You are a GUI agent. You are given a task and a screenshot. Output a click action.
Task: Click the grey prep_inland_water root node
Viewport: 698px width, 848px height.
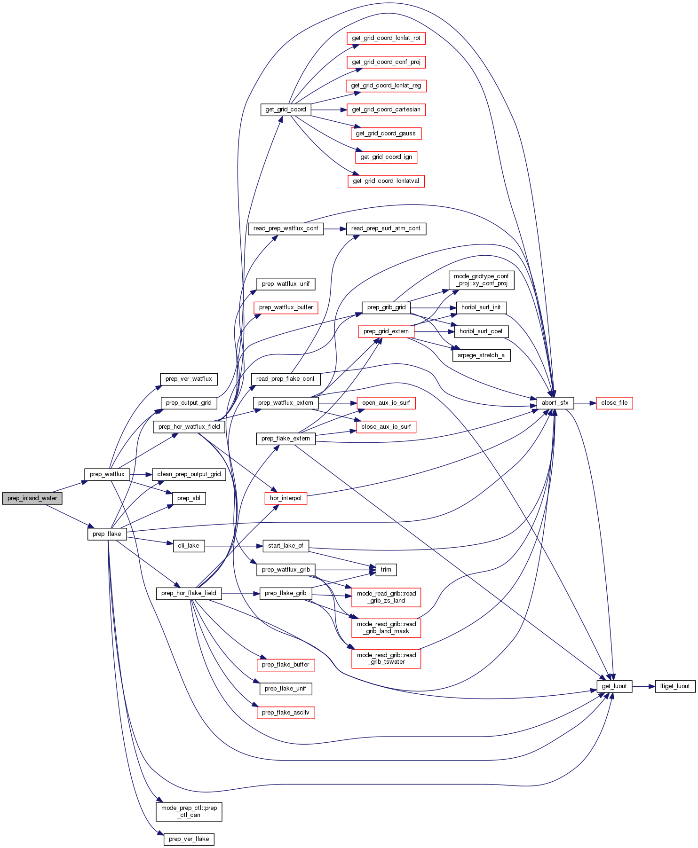click(32, 498)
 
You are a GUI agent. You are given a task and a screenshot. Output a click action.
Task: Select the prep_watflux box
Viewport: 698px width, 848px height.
click(107, 474)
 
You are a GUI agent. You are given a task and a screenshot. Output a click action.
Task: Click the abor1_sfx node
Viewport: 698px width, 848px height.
click(555, 403)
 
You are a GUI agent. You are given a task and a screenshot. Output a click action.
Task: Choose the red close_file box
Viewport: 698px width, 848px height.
click(614, 403)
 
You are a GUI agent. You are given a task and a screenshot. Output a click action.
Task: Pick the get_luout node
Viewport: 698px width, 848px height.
click(614, 686)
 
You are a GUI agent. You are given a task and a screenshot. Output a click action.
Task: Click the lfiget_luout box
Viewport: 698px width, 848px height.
click(675, 686)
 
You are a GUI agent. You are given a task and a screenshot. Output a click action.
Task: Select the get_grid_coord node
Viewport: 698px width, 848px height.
click(286, 110)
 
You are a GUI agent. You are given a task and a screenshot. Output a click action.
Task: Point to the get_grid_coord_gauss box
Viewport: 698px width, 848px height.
click(386, 133)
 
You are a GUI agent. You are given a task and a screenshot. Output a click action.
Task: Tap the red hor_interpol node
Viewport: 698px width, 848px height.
click(286, 498)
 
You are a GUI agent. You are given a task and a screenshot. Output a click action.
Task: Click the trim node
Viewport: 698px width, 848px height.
click(386, 570)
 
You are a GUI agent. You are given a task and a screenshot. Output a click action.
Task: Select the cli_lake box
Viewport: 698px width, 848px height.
click(189, 546)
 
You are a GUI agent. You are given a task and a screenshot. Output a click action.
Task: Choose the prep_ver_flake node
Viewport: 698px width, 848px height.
click(189, 839)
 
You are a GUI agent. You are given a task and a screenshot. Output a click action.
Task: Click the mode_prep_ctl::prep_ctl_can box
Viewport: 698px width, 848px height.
click(189, 811)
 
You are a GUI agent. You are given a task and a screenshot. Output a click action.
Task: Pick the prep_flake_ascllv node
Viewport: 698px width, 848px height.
click(286, 713)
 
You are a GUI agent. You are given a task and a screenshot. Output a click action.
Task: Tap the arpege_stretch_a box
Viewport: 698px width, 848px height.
click(481, 355)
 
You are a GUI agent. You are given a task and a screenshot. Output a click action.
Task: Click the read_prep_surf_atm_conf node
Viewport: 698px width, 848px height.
click(386, 228)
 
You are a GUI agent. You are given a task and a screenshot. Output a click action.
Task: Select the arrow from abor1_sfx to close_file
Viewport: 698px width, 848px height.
click(585, 403)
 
